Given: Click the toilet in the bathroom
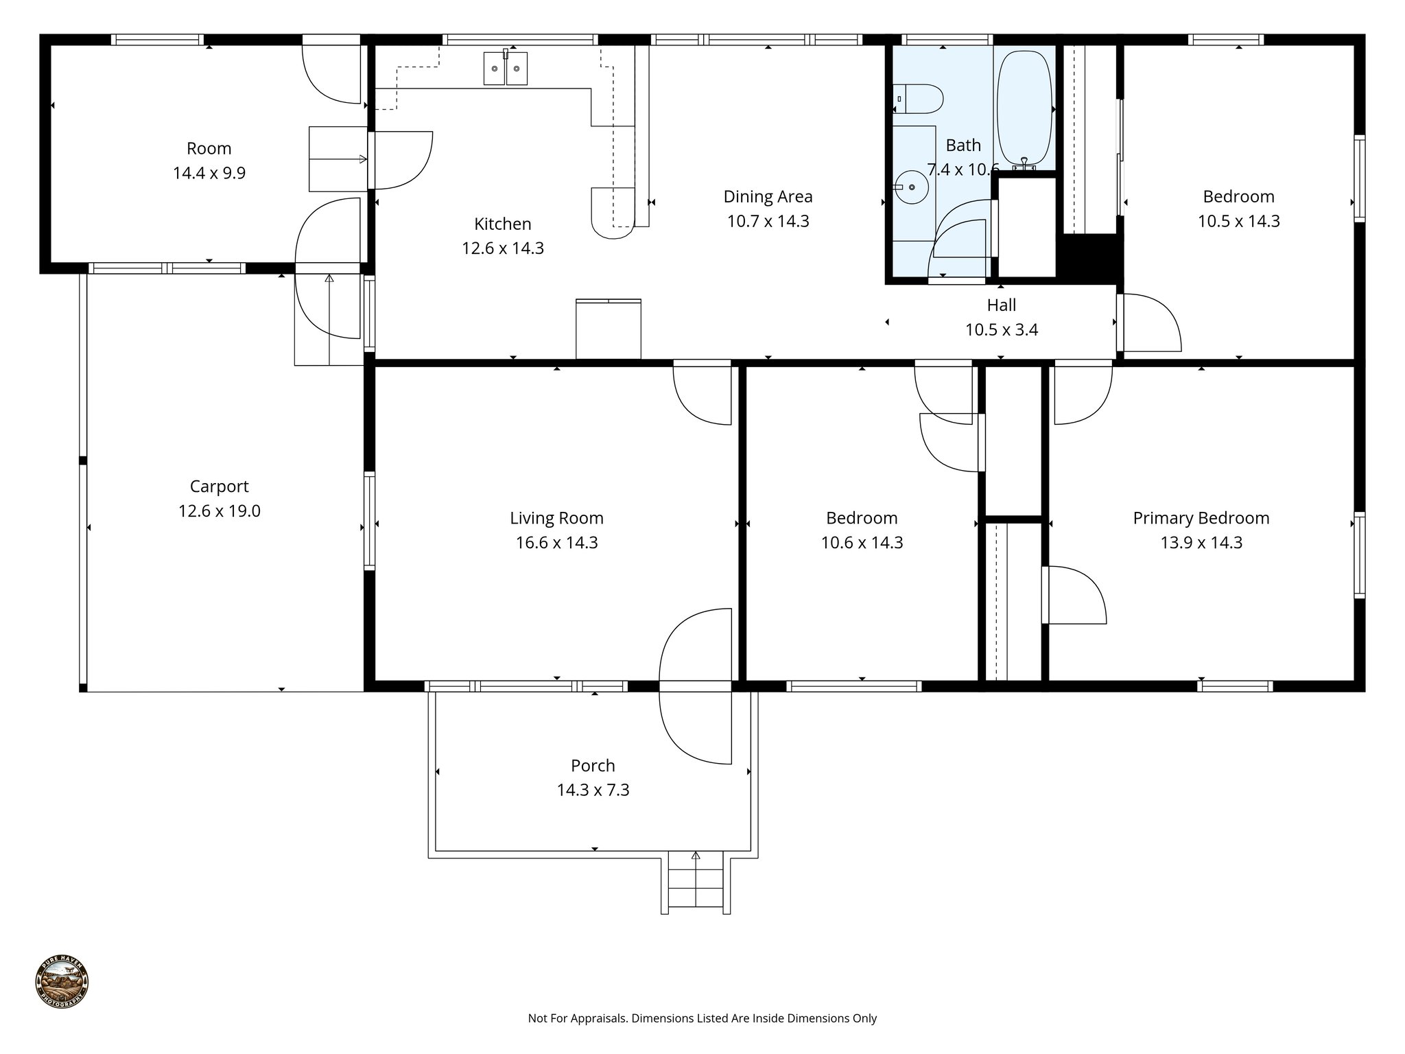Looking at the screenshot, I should coord(919,99).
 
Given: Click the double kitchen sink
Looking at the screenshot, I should coord(506,68).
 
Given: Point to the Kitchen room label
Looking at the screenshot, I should coord(503,224).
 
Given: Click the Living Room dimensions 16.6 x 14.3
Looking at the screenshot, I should coord(556,543).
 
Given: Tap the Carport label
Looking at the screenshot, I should coord(219,487).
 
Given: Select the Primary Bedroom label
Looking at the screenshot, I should coord(1201,518).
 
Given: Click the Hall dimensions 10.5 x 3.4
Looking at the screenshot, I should coord(1001,330).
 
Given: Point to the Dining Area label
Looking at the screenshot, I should coord(768,197).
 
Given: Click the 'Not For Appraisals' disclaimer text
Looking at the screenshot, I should coord(702,1018).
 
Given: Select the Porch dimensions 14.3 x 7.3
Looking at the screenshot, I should coord(593,790).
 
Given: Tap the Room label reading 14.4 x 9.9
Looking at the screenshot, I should coord(209,173).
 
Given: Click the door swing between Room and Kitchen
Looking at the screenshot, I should coord(402,160).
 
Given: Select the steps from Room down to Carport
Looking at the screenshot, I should coord(329,320).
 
